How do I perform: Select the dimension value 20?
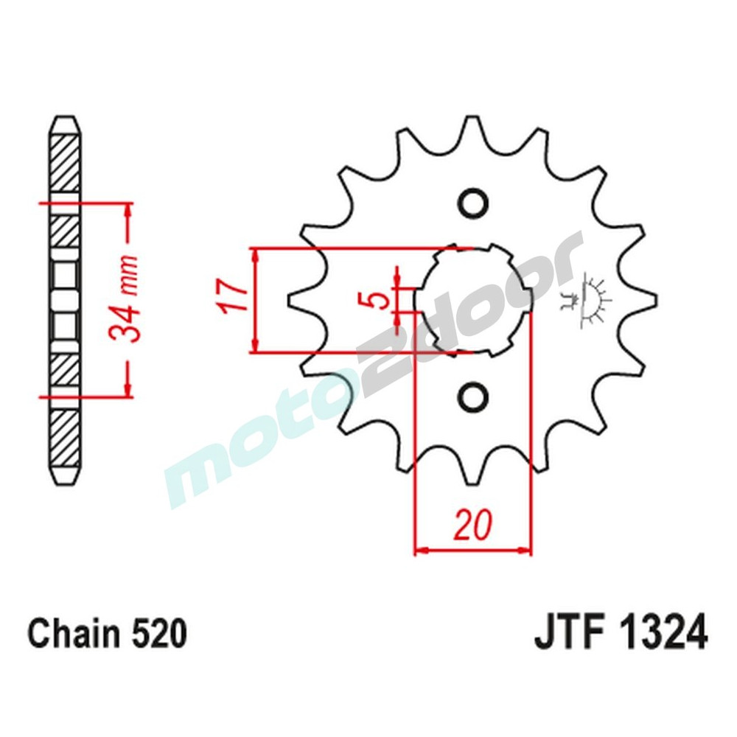[472, 526]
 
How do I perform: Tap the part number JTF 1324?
[619, 634]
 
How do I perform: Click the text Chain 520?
[107, 634]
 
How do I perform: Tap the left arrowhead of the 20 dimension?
[420, 550]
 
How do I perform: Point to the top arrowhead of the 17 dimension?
[255, 254]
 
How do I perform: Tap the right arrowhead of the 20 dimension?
[525, 550]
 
